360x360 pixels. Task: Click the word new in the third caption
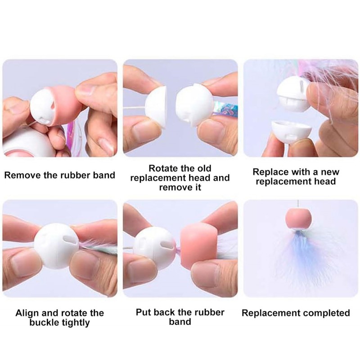click(x=330, y=172)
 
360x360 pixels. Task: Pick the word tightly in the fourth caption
click(x=76, y=323)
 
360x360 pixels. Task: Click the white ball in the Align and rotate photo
click(x=57, y=246)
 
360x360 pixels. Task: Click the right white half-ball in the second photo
click(x=194, y=105)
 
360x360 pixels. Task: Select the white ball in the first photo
click(x=44, y=106)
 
